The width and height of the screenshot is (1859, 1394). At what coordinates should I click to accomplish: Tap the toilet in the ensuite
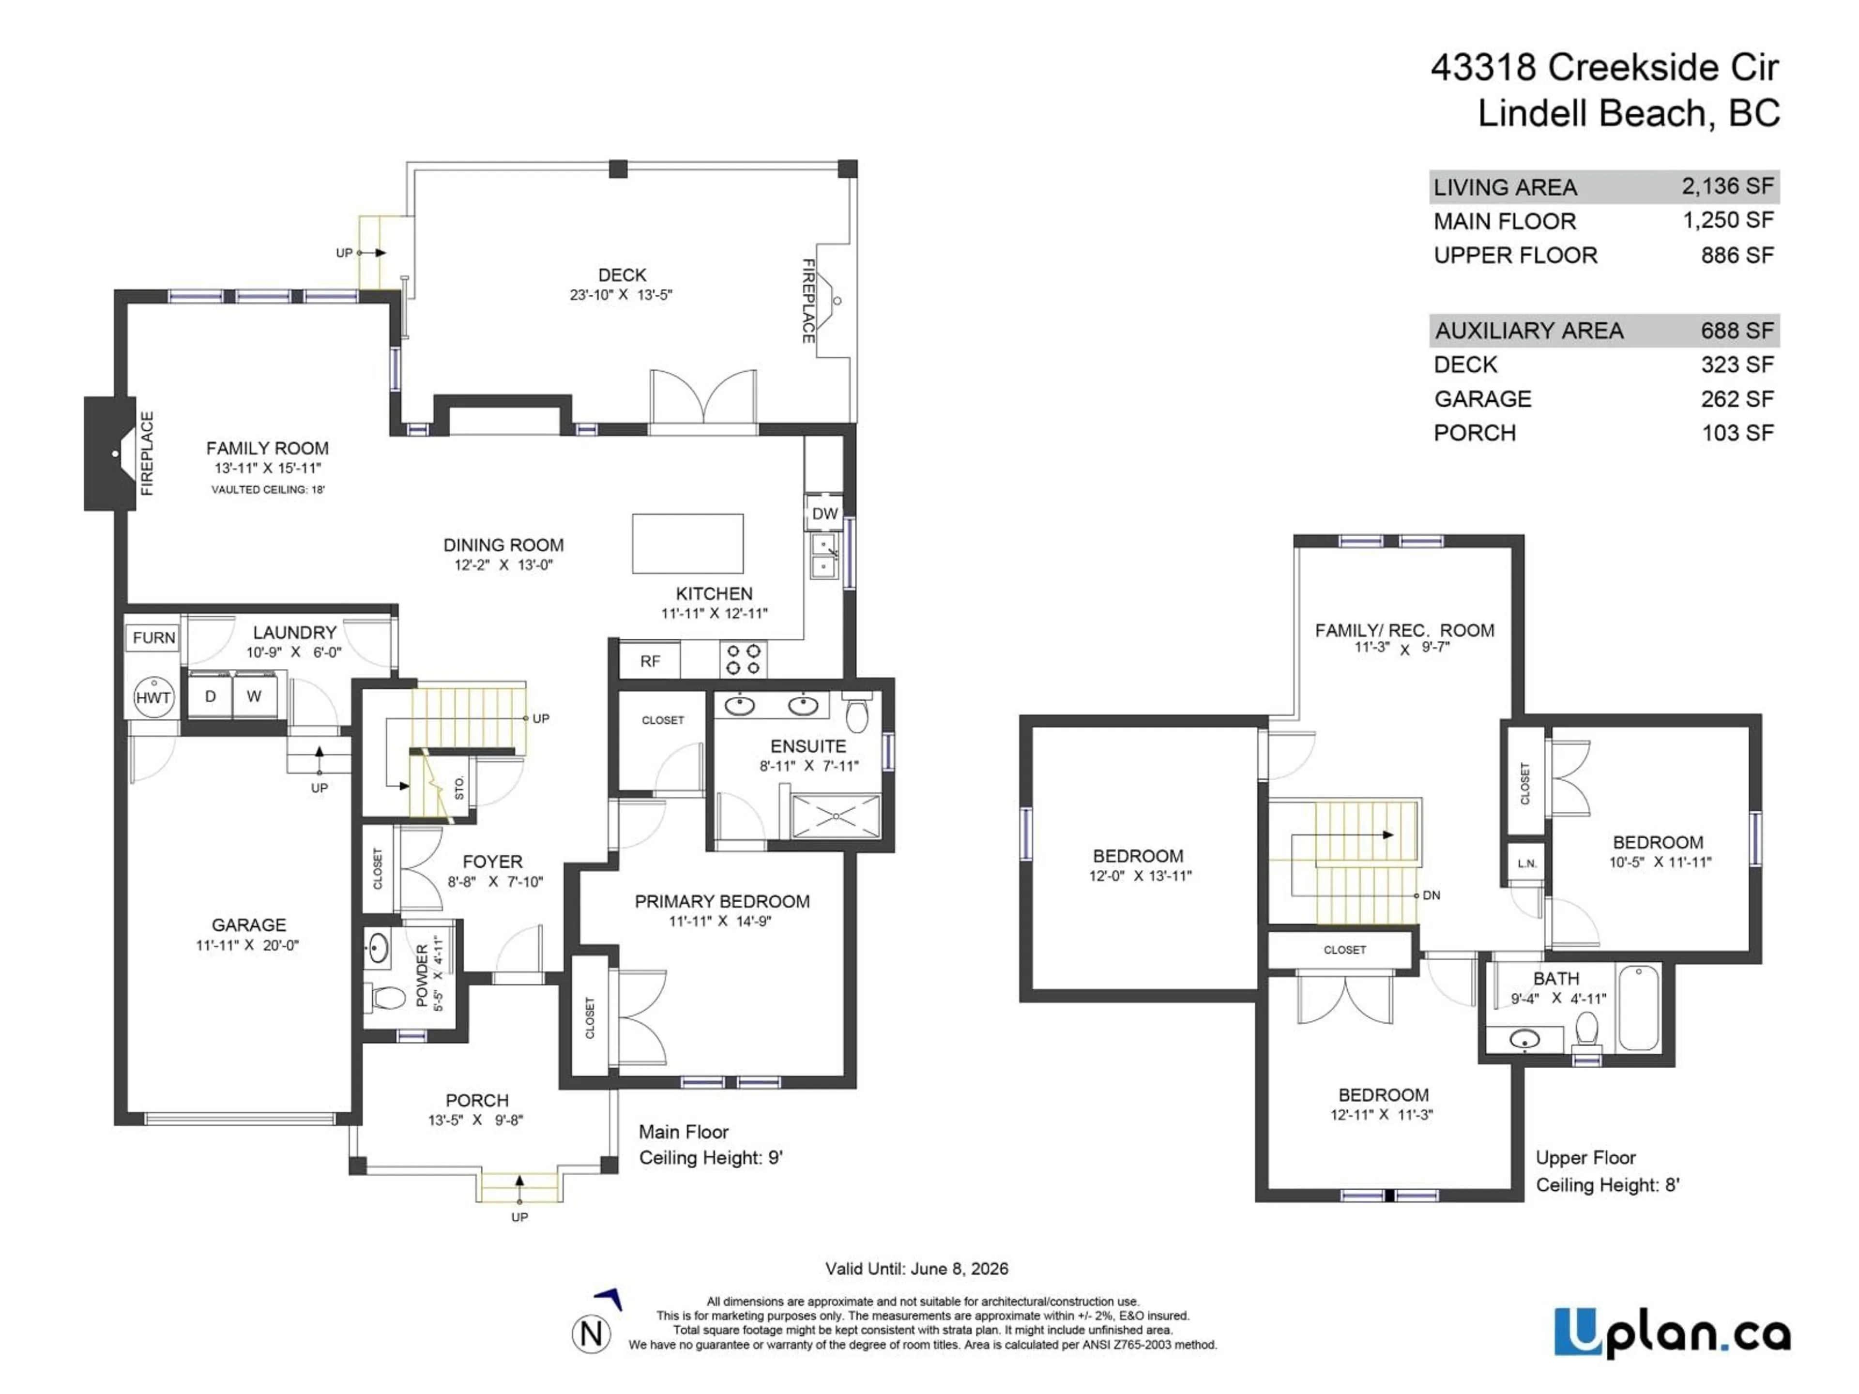point(856,716)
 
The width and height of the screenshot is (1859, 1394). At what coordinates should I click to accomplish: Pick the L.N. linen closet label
point(1527,863)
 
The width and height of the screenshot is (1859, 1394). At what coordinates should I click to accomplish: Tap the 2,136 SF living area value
point(1727,186)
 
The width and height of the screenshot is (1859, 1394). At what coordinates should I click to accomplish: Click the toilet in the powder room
point(388,998)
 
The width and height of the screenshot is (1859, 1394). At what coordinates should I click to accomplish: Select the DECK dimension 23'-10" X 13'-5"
point(621,295)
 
